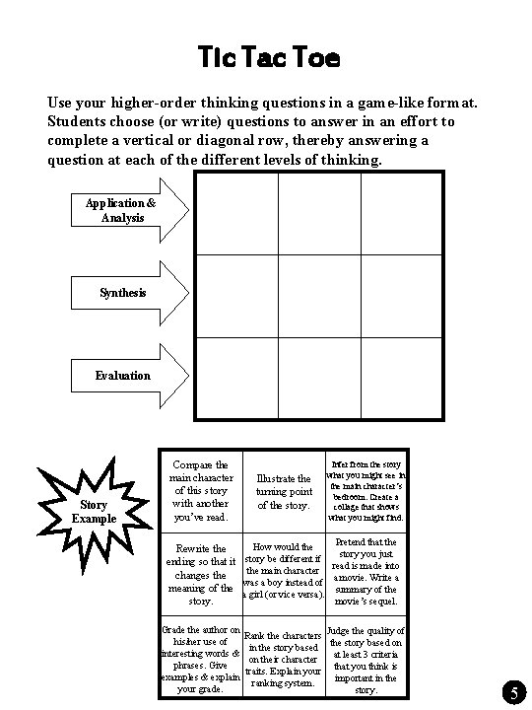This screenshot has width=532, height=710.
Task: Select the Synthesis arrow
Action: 124,293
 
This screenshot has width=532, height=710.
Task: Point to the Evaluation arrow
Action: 124,375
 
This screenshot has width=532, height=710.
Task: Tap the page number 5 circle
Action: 515,693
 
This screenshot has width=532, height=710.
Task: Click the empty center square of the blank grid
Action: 319,297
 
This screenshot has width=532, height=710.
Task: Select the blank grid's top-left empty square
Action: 236,213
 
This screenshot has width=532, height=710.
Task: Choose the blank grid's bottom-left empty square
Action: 236,379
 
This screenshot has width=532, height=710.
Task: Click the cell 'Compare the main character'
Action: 200,491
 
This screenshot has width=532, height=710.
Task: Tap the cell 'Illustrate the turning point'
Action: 284,491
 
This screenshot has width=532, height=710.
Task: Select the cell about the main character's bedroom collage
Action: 365,491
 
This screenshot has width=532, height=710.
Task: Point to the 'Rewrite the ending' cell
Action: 200,574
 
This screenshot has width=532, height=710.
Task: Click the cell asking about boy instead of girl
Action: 284,574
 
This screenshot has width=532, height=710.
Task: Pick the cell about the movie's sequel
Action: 365,574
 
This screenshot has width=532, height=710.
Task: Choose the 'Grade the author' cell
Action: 200,659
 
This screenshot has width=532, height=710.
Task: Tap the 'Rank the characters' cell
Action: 284,659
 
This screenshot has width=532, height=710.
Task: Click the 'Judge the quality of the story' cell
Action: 365,659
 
